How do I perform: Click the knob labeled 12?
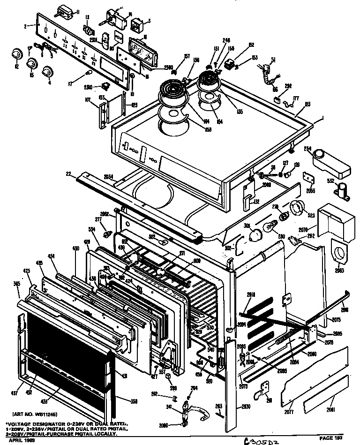coord(17,53)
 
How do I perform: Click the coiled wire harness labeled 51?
coord(269,75)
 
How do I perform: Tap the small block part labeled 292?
coord(277,99)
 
